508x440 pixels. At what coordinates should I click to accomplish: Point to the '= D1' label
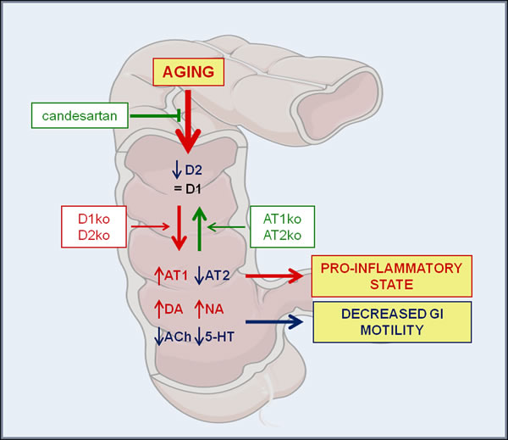point(192,188)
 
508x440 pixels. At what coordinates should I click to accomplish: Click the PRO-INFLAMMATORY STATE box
point(390,276)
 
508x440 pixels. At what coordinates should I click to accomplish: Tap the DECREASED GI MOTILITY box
point(390,322)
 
